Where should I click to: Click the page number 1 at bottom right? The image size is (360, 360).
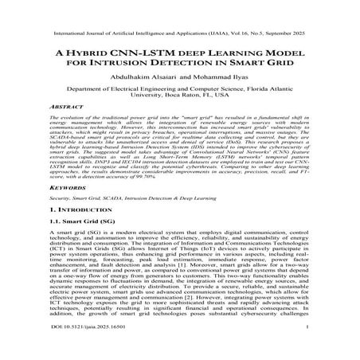tap(306, 348)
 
